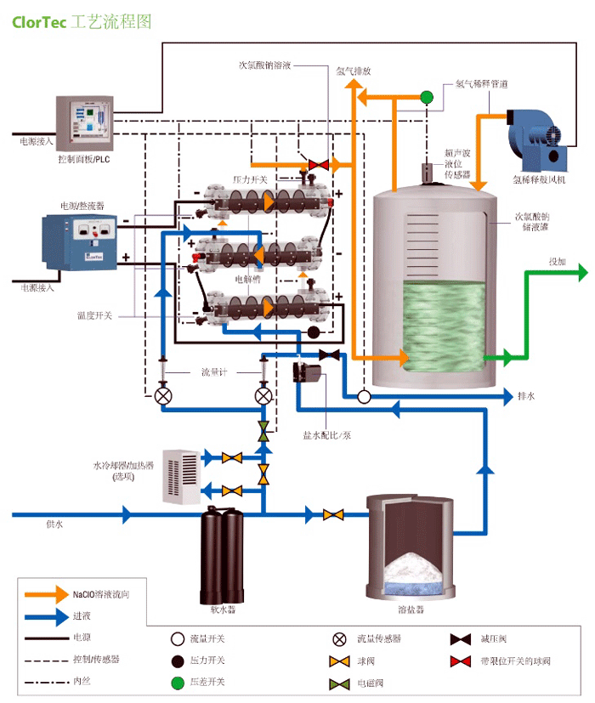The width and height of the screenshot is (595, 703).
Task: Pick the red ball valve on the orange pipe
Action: [x=320, y=163]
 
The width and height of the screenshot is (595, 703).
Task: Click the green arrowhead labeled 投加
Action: [x=581, y=273]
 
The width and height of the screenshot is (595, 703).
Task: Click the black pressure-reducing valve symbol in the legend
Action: [x=461, y=638]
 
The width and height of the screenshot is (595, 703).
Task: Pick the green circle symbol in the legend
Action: [x=178, y=682]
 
